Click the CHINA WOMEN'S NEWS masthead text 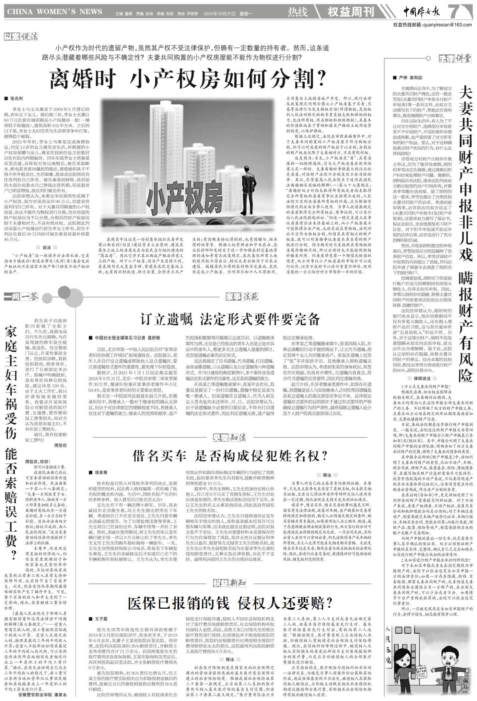click(x=54, y=12)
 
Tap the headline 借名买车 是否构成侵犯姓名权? click(x=230, y=456)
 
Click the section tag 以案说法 click(x=21, y=37)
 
